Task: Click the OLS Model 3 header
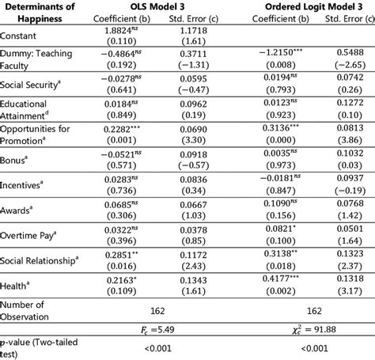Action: (x=155, y=6)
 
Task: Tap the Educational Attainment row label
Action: (x=28, y=108)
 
